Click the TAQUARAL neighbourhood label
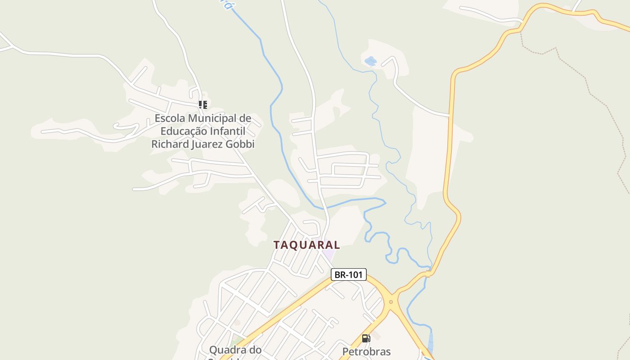pyautogui.click(x=306, y=245)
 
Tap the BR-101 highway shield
pyautogui.click(x=348, y=274)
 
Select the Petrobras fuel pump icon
pyautogui.click(x=366, y=338)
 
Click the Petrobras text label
pyautogui.click(x=366, y=351)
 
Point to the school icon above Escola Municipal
pyautogui.click(x=203, y=105)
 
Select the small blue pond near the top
pyautogui.click(x=370, y=61)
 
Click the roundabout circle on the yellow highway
pyautogui.click(x=391, y=301)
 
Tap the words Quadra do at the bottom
pyautogui.click(x=235, y=350)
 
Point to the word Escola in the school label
pyautogui.click(x=170, y=118)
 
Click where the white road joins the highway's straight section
pyautogui.click(x=450, y=115)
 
